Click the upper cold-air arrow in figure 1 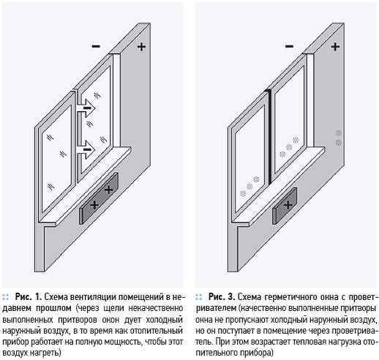86,108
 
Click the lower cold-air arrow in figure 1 86,149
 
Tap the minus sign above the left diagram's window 96,46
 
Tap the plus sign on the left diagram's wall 141,46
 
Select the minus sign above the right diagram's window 289,46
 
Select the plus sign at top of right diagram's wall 335,46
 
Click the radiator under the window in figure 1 99,198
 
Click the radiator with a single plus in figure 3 285,206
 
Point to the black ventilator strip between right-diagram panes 270,137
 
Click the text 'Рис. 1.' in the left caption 29,297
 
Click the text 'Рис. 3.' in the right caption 222,297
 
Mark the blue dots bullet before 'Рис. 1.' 6,297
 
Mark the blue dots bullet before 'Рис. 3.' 199,297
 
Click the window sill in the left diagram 85,185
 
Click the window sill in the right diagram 278,185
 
